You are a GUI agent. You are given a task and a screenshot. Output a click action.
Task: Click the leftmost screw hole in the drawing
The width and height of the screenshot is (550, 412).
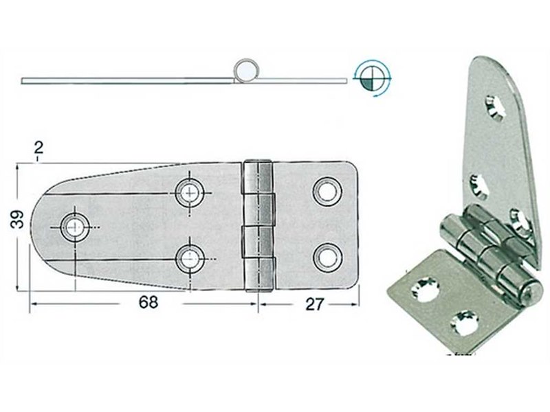pyautogui.click(x=74, y=225)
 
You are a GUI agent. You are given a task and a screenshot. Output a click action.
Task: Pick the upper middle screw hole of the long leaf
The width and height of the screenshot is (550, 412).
pyautogui.click(x=188, y=192)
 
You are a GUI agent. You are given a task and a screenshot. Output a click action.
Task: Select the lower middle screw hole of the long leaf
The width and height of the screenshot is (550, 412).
pyautogui.click(x=188, y=258)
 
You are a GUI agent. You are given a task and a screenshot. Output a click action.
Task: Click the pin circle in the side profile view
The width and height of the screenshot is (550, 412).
pyautogui.click(x=247, y=69)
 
